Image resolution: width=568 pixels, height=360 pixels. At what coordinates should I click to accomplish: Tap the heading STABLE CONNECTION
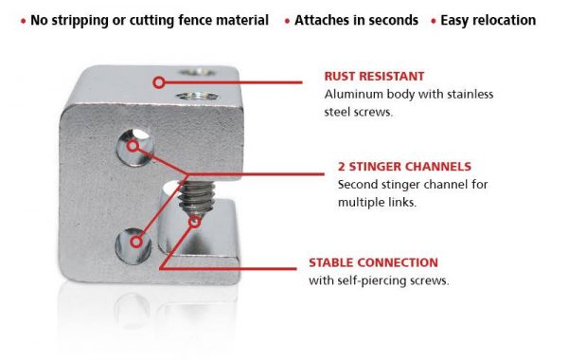(x=373, y=262)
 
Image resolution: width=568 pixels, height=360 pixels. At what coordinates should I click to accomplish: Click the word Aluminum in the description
(x=353, y=95)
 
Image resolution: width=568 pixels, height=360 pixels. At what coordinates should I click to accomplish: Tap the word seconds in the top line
(x=393, y=20)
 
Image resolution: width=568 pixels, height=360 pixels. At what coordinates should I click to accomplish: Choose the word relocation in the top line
(x=502, y=20)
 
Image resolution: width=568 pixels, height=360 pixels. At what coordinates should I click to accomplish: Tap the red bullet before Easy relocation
(x=434, y=20)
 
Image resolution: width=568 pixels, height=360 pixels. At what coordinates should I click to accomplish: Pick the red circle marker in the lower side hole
(x=136, y=243)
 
